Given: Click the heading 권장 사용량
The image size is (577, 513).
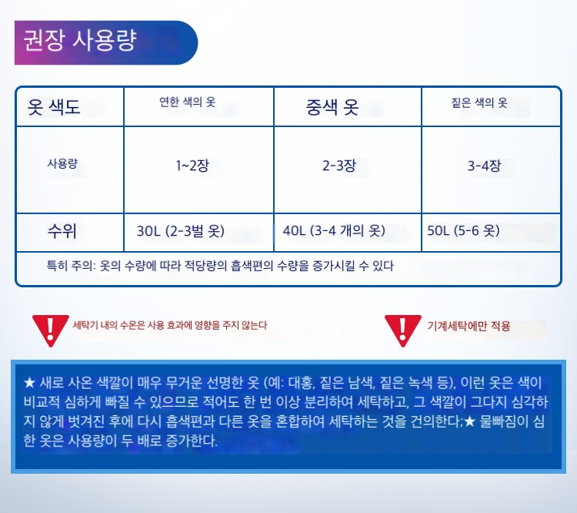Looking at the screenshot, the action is tap(80, 40).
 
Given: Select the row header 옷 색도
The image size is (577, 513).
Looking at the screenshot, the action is tap(54, 107).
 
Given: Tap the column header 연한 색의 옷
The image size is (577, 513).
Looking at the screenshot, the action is tap(187, 102).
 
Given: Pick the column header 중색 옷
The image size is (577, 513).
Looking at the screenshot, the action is tap(332, 107).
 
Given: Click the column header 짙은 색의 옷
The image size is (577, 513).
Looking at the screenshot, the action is tap(479, 102).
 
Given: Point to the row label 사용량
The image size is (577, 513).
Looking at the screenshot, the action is tap(62, 163).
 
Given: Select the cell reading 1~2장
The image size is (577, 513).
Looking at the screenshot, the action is tap(192, 166).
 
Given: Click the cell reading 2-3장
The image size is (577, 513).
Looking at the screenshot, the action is tap(339, 166).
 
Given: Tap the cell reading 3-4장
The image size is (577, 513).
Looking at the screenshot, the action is tap(484, 166).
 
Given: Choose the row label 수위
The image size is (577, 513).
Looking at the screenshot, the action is tap(62, 231).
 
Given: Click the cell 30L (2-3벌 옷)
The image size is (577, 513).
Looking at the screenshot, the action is tap(180, 231).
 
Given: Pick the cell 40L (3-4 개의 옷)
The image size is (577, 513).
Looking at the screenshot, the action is tap(334, 231).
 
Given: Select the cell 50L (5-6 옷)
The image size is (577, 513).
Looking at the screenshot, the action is tap(463, 231).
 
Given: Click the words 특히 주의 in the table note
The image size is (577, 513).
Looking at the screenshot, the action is tap(70, 266).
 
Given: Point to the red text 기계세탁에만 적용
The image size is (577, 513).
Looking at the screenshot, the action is tap(469, 326).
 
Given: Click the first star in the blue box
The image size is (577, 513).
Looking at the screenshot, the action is tap(29, 383).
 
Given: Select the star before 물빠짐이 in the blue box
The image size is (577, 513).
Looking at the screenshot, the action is tap(469, 421).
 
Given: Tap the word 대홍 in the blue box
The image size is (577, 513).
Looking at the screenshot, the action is tap(301, 383).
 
